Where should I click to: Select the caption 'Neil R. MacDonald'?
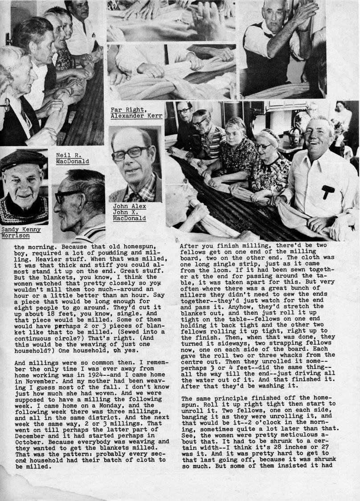click(72, 159)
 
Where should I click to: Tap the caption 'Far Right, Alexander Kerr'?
click(136, 113)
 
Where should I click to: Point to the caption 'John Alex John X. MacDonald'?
click(129, 212)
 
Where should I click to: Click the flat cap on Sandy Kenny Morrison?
click(23, 159)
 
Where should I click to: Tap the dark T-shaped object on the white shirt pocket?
click(328, 191)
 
